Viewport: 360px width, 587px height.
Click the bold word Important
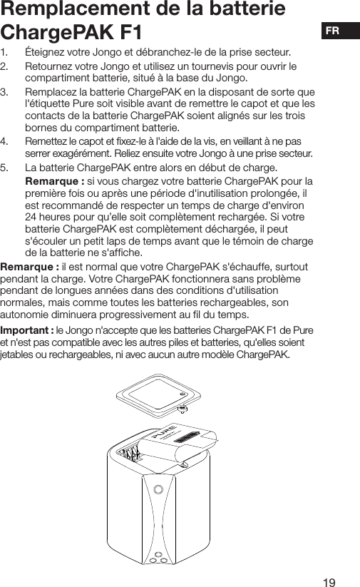click(24, 330)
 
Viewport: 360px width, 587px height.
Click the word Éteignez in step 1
click(48, 52)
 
